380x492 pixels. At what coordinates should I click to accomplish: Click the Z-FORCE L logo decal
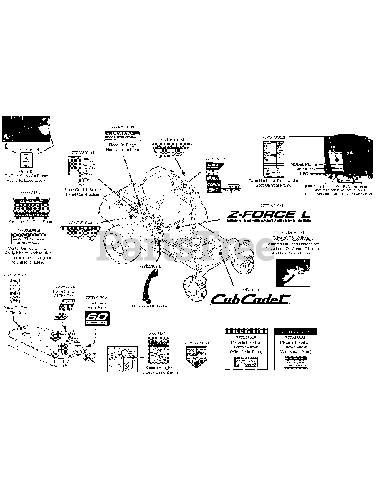pyautogui.click(x=269, y=214)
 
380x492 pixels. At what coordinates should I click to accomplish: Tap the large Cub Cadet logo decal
pyautogui.click(x=251, y=299)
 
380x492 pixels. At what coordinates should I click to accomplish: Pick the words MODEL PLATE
pyautogui.click(x=304, y=164)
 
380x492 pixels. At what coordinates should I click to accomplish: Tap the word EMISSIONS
pyautogui.click(x=304, y=169)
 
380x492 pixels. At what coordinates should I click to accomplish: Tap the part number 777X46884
pyautogui.click(x=295, y=337)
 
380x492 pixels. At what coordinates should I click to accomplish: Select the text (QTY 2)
pyautogui.click(x=26, y=171)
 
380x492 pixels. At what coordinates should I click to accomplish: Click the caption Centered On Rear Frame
pyautogui.click(x=31, y=222)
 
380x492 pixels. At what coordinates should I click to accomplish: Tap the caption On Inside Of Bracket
pyautogui.click(x=150, y=306)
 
